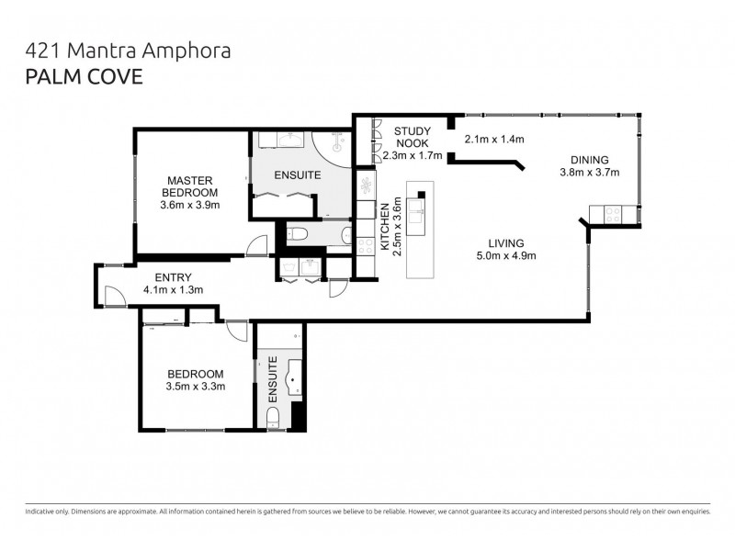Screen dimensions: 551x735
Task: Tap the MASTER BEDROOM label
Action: [190, 186]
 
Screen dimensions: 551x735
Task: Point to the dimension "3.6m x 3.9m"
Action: [190, 206]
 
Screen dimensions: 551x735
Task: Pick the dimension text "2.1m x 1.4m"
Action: [494, 140]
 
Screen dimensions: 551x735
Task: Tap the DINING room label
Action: [589, 158]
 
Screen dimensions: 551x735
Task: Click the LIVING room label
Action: [506, 242]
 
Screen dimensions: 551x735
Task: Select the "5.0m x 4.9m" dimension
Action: [506, 256]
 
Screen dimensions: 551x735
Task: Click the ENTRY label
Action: [173, 276]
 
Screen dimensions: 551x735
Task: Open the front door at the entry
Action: [112, 296]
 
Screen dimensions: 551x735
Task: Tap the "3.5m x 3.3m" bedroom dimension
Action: [195, 387]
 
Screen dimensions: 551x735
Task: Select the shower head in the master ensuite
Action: [337, 143]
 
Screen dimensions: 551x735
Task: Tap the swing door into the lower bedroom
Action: [236, 331]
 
